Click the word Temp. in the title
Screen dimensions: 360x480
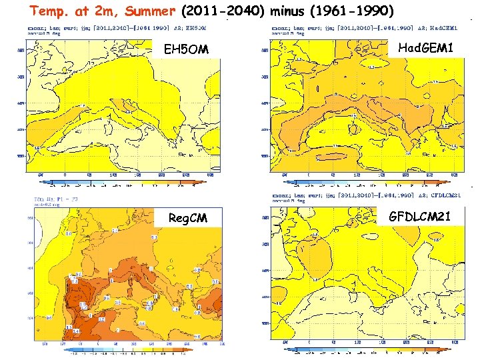click(49, 11)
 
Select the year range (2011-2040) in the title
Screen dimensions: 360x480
click(223, 11)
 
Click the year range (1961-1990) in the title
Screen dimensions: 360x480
click(351, 11)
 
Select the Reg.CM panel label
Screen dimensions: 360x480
click(187, 219)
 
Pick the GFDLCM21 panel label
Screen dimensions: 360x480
click(421, 216)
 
